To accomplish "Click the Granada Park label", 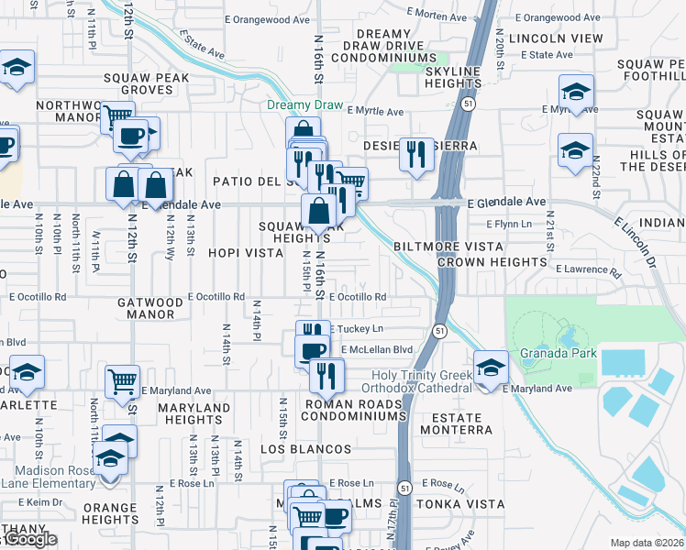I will [570, 353].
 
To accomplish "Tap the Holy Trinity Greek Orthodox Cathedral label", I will [421, 381].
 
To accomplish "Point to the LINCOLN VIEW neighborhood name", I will [555, 38].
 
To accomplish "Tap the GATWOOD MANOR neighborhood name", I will [151, 308].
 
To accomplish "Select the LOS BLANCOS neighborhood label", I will [305, 449].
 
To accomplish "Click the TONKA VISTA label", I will [459, 504].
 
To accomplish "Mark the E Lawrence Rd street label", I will [587, 269].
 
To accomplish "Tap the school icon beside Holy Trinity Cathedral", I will [491, 368].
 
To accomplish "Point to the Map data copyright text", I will [647, 543].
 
